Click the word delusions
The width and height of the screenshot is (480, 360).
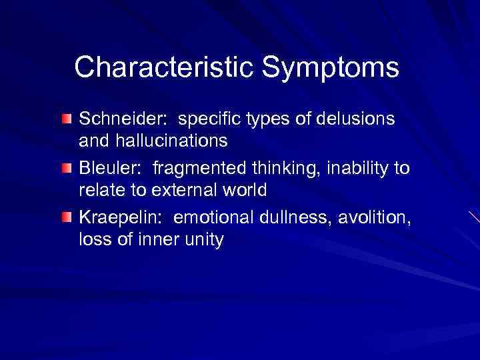coord(357,119)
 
